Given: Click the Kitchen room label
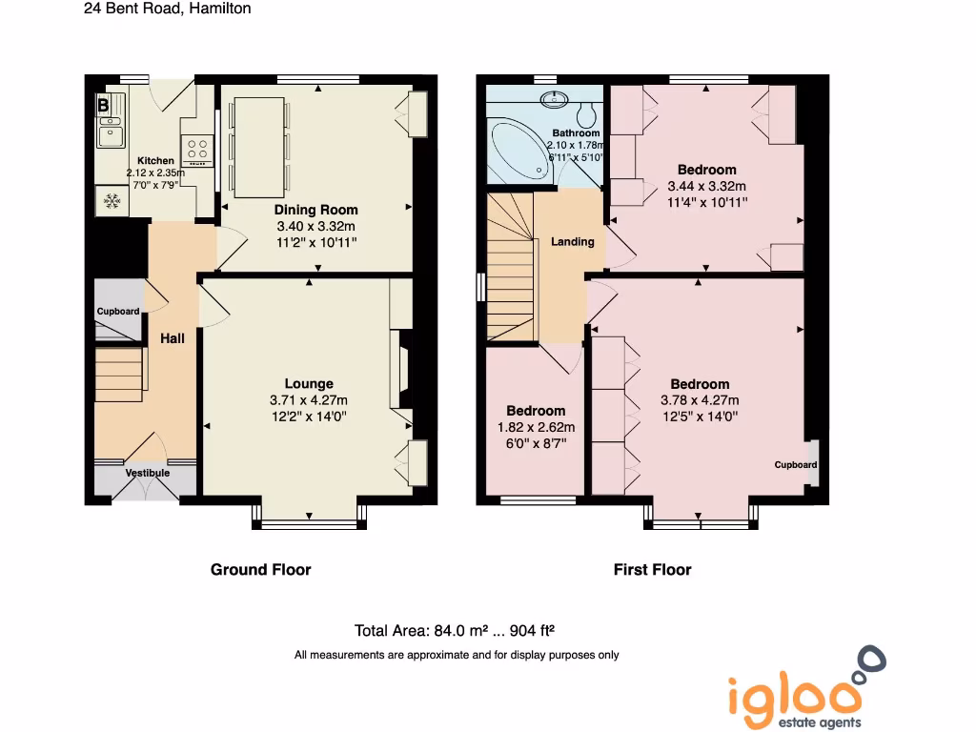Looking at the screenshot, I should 155,161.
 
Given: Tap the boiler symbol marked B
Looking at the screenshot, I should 103,106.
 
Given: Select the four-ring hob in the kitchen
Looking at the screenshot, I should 198,150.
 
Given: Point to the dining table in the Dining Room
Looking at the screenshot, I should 259,145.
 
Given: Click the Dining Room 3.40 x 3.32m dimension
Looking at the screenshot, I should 316,226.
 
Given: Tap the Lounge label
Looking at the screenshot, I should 309,384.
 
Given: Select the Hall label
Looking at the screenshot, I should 173,338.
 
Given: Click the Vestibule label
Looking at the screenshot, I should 148,473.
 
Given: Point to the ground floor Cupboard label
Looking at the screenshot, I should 118,312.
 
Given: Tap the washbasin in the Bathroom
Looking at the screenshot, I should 555,98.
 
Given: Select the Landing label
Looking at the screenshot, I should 572,241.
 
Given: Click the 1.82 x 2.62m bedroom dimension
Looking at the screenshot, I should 536,427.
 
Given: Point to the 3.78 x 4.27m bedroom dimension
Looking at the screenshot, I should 700,400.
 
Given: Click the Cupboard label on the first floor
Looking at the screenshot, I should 795,465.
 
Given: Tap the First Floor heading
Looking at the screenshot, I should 652,570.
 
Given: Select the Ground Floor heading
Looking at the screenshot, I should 260,570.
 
